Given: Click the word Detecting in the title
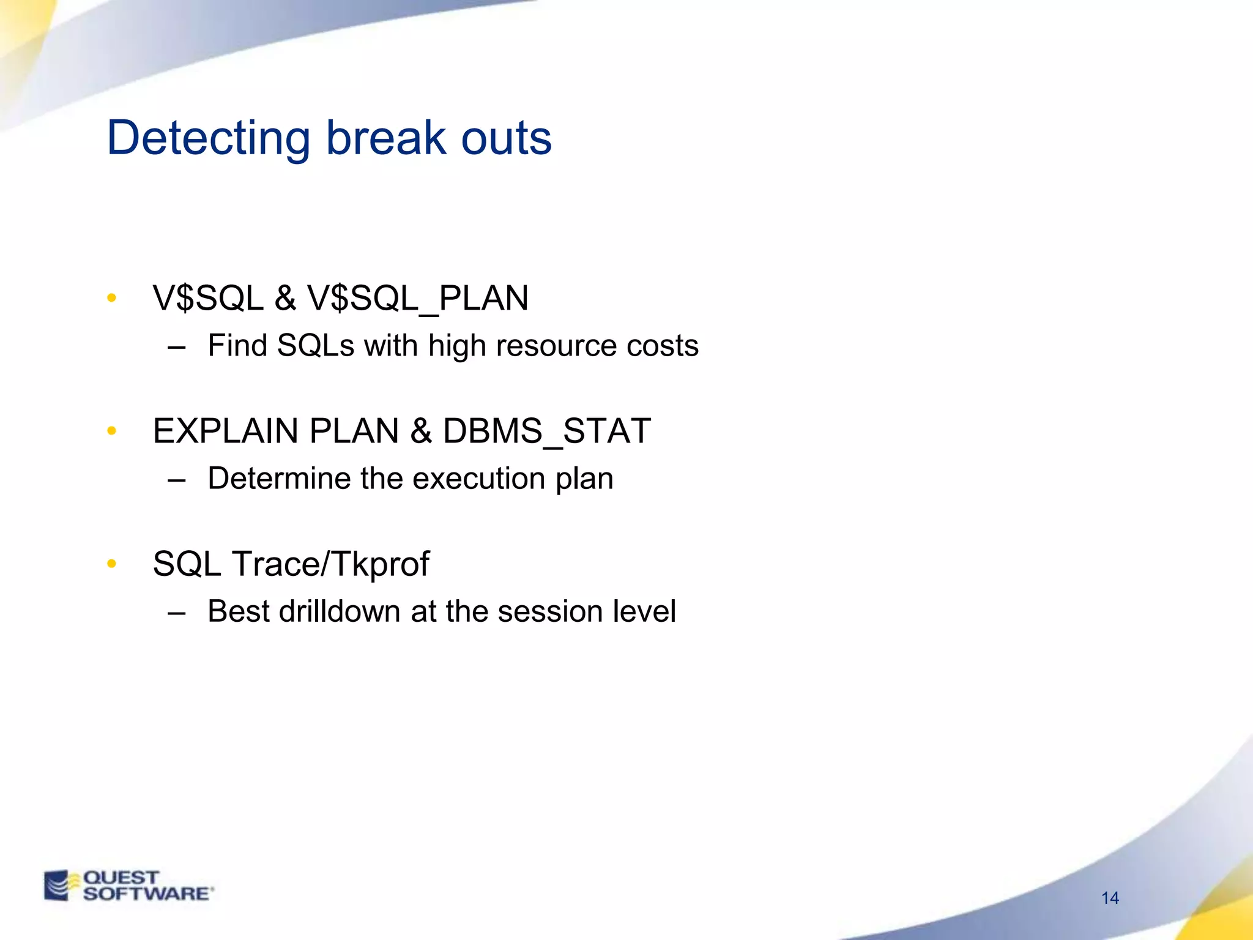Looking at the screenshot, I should (209, 138).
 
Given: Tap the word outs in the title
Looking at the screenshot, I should (506, 138).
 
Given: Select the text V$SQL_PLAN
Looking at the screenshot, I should (417, 299).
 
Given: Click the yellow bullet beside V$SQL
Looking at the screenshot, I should (111, 299).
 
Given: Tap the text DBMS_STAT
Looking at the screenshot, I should (546, 431).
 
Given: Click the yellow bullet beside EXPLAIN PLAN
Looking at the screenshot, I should (111, 431).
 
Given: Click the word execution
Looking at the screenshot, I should (478, 479).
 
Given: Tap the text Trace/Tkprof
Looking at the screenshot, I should (330, 564).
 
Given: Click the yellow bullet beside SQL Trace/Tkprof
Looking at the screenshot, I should (111, 564).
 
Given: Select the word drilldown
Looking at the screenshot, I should (339, 611).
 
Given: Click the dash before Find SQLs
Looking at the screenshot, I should (176, 348).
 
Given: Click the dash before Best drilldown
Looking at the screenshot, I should (176, 613).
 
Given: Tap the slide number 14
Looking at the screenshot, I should (1110, 898).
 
